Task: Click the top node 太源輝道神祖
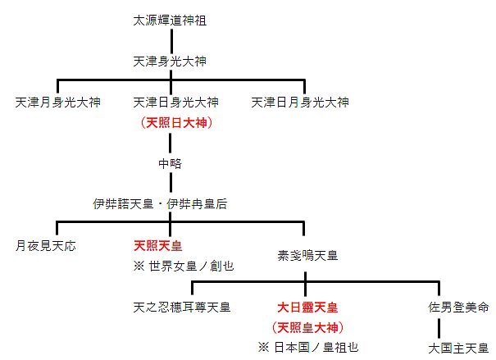coord(170,21)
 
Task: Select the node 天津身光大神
coord(170,62)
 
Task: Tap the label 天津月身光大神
coord(57,103)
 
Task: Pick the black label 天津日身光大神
coord(175,103)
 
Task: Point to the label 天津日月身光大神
coord(299,103)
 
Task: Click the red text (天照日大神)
coord(176,123)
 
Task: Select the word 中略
coord(170,163)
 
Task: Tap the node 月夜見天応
coord(46,245)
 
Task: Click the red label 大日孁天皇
coord(308,308)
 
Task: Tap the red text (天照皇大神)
coord(308,327)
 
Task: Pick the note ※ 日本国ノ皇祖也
coord(308,347)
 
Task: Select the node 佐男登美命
coord(458,308)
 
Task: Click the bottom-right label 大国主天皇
coord(458,347)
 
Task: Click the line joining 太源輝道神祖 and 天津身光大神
coord(171,41)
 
